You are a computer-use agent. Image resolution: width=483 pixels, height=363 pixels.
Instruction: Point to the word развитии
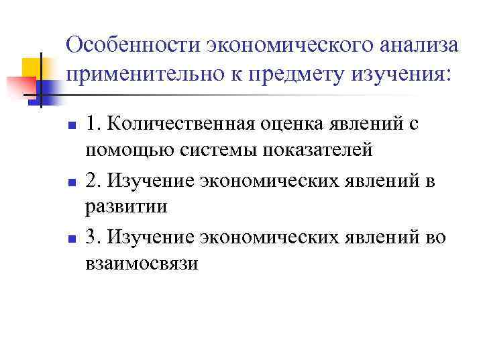pos(126,206)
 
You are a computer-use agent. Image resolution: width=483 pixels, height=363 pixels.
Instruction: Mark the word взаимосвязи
pos(142,263)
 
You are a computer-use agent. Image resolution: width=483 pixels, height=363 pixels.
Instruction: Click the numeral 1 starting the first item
pos(91,125)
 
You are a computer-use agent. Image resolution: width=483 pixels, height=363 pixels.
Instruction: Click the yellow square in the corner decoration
pos(32,67)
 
